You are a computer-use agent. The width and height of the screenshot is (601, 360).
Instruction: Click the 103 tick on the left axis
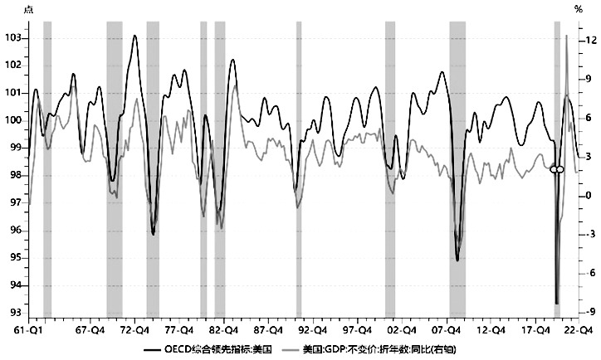pyautogui.click(x=12, y=38)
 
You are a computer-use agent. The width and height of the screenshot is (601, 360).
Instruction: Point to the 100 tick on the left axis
pyautogui.click(x=12, y=120)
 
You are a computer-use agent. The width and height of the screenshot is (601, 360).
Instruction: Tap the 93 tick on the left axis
pyautogui.click(x=12, y=313)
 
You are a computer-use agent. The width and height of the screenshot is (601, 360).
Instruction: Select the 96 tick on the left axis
pyautogui.click(x=12, y=231)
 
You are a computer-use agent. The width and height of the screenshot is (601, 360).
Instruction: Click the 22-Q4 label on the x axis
pyautogui.click(x=579, y=328)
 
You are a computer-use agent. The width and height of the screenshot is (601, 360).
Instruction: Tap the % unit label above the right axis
pyautogui.click(x=579, y=9)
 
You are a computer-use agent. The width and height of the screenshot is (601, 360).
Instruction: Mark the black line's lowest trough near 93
pyautogui.click(x=557, y=303)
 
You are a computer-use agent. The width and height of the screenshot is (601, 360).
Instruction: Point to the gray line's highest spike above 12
pyautogui.click(x=566, y=36)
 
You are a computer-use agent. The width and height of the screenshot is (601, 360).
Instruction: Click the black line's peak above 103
pyautogui.click(x=134, y=36)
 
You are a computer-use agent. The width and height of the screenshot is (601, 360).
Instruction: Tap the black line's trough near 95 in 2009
pyautogui.click(x=457, y=260)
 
